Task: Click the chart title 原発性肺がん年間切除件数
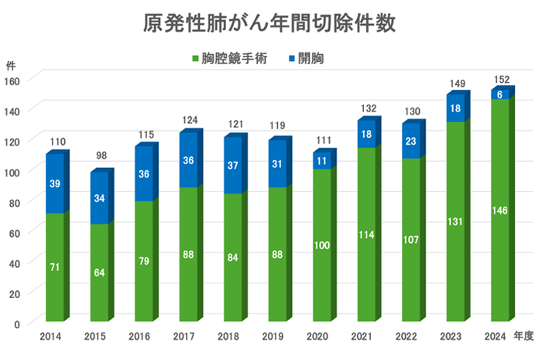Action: coord(271,24)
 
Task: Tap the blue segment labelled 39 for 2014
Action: coord(54,183)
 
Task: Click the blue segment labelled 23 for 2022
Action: coord(410,142)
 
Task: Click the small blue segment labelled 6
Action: coord(501,94)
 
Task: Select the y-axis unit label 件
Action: coord(10,65)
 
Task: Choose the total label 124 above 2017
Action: coord(189,120)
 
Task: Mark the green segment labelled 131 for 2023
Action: coord(455,221)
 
